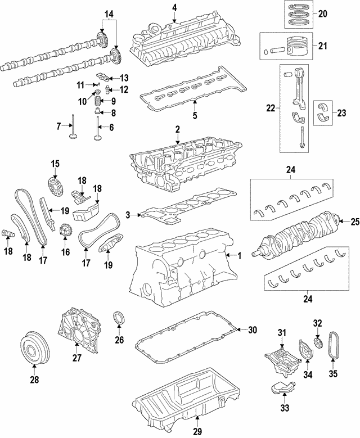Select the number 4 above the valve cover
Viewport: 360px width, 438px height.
[x=174, y=7]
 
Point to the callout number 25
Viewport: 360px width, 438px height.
[x=354, y=221]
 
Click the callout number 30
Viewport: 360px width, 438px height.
[x=252, y=329]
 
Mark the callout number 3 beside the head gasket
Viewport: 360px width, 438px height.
[x=128, y=215]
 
